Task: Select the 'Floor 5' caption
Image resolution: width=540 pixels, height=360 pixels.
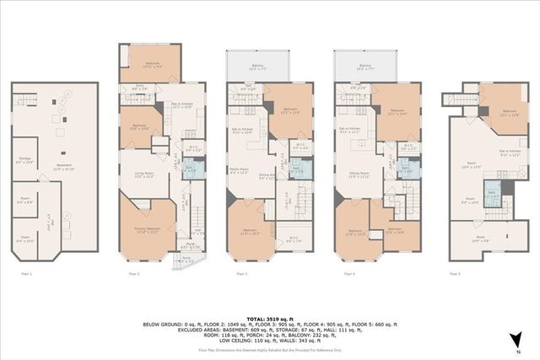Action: pyautogui.click(x=455, y=273)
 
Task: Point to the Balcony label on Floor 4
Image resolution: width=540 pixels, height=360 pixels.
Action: pyautogui.click(x=365, y=66)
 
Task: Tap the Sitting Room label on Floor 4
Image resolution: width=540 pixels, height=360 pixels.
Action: pyautogui.click(x=359, y=175)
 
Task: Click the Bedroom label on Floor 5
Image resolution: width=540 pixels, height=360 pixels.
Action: pyautogui.click(x=509, y=113)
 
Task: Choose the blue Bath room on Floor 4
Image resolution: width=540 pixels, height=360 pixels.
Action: pyautogui.click(x=406, y=168)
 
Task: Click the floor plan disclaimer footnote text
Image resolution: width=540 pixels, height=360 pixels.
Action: pyautogui.click(x=269, y=348)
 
